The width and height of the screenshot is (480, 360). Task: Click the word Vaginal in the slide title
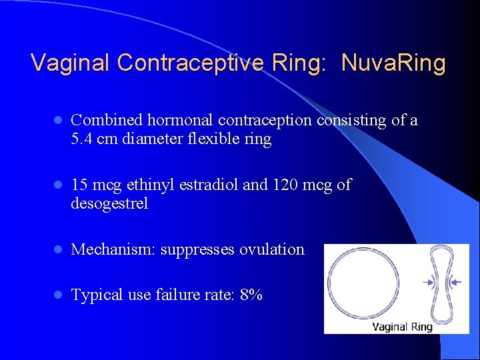click(71, 63)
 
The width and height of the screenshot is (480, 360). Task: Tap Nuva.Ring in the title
click(393, 63)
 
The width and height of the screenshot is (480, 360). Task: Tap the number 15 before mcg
click(79, 185)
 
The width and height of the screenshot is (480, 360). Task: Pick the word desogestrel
click(109, 203)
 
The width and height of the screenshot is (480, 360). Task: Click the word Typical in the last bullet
click(95, 295)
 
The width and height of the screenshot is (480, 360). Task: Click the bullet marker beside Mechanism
click(58, 250)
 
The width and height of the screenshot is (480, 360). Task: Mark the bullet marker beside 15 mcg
click(58, 185)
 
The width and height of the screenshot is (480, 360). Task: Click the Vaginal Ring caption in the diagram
click(402, 327)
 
